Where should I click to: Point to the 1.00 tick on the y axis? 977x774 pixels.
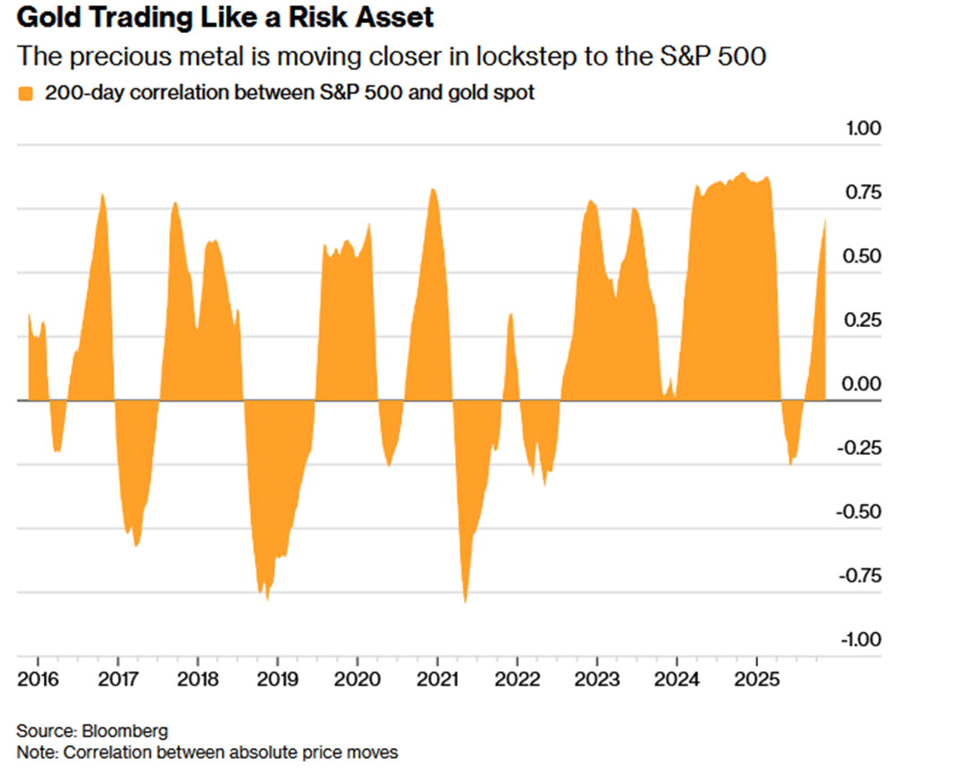pos(863,129)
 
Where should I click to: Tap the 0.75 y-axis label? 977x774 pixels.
pos(863,193)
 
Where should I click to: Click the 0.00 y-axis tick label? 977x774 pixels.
pos(863,384)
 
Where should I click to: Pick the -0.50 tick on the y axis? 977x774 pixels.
pos(860,512)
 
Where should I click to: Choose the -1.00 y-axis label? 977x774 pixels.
pos(860,639)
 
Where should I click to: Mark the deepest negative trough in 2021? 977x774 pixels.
pos(466,602)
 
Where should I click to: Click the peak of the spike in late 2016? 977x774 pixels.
pos(103,194)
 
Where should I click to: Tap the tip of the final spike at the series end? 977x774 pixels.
pos(825,220)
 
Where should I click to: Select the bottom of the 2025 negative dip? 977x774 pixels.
pos(791,463)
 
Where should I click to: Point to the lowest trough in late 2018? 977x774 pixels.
pos(267,599)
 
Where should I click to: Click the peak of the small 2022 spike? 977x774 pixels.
pos(510,315)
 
